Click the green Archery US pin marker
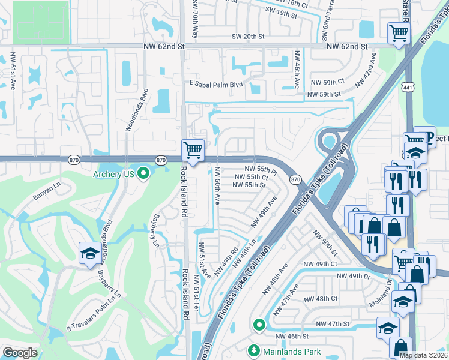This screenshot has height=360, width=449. (143, 175)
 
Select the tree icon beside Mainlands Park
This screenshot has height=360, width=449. (253, 351)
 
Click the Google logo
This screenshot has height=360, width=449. (20, 353)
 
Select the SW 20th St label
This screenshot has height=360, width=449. (248, 37)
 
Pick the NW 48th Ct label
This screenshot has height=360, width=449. (321, 298)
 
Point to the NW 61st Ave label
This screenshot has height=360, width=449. (12, 71)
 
